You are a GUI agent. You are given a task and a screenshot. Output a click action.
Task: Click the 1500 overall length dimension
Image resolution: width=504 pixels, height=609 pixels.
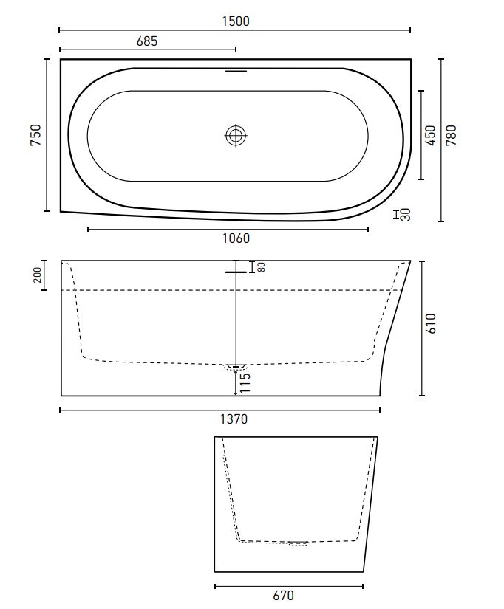[236, 21]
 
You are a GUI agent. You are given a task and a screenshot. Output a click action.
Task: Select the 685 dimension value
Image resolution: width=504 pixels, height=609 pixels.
[147, 41]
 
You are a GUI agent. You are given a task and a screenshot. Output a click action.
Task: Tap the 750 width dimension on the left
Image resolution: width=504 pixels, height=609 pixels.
[35, 135]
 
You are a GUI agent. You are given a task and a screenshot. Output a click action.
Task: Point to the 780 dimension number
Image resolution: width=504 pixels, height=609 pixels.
[451, 135]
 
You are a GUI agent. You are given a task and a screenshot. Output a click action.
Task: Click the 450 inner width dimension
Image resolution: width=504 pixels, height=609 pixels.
[431, 135]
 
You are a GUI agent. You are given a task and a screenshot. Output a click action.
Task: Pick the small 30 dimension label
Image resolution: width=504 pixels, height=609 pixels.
[406, 214]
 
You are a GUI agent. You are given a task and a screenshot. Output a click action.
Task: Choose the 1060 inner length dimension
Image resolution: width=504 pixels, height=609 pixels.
[236, 238]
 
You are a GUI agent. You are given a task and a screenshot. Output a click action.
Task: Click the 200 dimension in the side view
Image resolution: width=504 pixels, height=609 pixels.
[38, 275]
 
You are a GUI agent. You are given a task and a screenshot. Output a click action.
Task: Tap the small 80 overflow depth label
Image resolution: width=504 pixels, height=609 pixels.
[262, 266]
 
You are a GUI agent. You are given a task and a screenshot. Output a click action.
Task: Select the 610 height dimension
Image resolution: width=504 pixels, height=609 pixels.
[432, 323]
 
